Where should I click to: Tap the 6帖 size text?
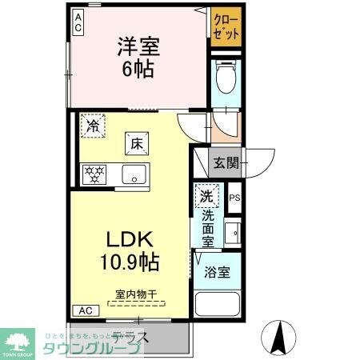pos(138,68)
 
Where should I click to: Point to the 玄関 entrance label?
pos(224,164)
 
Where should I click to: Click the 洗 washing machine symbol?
pos(205,196)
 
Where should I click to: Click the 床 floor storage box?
pos(136,145)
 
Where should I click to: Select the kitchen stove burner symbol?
pos(93,174)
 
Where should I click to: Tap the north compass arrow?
pos(279,336)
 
